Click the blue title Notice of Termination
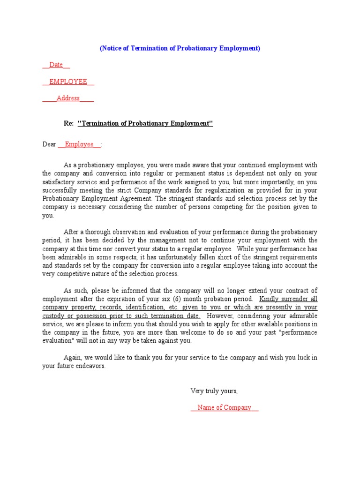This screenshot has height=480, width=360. (x=180, y=48)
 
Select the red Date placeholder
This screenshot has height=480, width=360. (x=56, y=65)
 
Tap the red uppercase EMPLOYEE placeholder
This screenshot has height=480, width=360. (x=68, y=82)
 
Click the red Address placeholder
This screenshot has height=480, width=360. (x=68, y=98)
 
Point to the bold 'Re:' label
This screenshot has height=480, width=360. (x=68, y=123)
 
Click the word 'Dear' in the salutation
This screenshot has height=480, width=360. (x=49, y=144)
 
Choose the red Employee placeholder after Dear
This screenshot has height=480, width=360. (x=79, y=144)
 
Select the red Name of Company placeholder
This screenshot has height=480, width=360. (x=224, y=407)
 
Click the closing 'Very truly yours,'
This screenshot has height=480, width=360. (x=214, y=390)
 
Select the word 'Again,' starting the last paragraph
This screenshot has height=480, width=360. (x=73, y=358)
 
